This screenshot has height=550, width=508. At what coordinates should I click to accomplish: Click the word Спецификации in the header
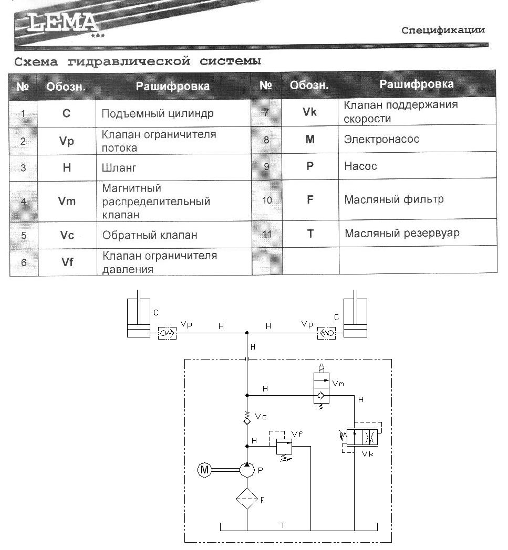(x=442, y=30)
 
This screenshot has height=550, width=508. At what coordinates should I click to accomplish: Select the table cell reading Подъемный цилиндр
(x=157, y=113)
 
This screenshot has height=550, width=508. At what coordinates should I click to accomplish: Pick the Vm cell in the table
(x=67, y=201)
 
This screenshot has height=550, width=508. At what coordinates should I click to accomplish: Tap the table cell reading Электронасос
(x=381, y=140)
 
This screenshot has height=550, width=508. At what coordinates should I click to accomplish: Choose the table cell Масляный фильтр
(x=394, y=199)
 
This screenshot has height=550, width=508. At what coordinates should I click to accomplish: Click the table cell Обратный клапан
(x=150, y=235)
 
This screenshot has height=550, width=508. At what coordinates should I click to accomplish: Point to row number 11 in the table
(x=267, y=234)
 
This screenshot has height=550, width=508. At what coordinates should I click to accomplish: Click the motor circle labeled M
(x=204, y=470)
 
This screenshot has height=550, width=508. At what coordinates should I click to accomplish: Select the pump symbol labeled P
(x=247, y=470)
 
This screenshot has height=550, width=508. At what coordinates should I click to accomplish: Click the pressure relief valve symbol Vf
(x=284, y=447)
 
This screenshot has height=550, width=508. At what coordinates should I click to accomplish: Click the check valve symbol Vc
(x=247, y=419)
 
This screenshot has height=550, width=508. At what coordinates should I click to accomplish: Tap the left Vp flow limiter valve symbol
(x=168, y=333)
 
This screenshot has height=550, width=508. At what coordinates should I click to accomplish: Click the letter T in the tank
(x=282, y=525)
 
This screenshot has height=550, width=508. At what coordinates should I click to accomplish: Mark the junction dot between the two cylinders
(x=247, y=333)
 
